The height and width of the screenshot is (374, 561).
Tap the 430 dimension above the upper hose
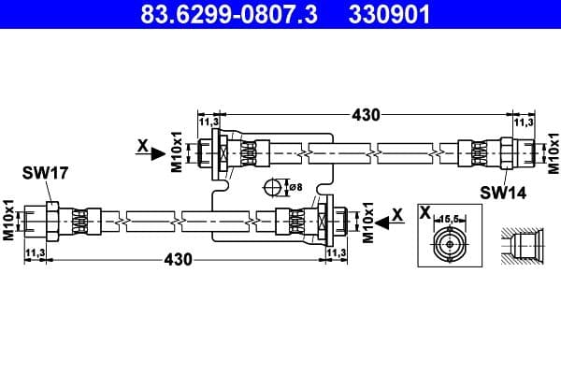coord(366,115)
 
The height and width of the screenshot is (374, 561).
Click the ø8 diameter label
coord(295,187)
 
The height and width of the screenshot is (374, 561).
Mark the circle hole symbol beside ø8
coord(274,187)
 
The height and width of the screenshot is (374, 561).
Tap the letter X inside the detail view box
coord(425,214)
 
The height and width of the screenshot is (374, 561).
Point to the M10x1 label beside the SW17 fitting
coord(8,221)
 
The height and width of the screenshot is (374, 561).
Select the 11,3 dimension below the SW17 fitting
coord(36,252)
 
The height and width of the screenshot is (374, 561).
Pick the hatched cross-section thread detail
coord(519,245)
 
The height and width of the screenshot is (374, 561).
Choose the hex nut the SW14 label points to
coord(507,151)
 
